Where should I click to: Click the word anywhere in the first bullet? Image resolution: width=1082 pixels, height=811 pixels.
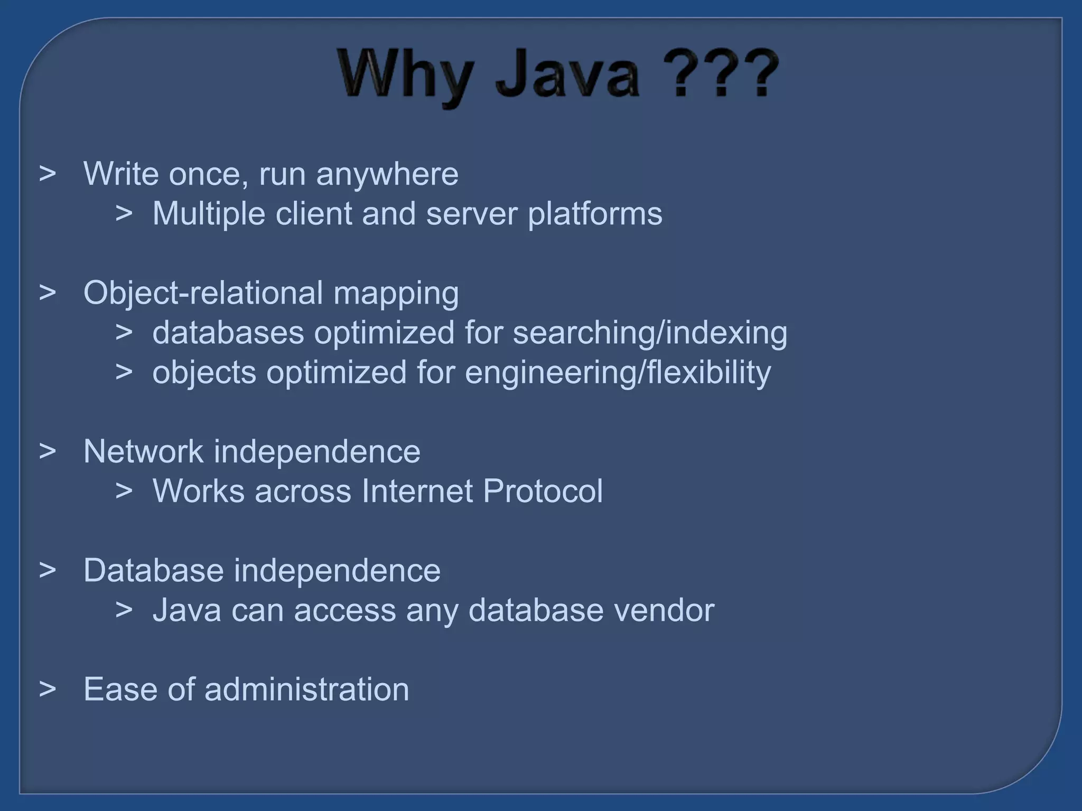[387, 174]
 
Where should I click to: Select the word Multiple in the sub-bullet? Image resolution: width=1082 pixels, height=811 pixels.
[209, 214]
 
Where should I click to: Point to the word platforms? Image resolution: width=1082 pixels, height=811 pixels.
[595, 214]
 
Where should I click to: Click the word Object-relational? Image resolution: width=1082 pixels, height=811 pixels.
[203, 293]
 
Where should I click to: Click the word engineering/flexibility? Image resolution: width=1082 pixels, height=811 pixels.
[618, 373]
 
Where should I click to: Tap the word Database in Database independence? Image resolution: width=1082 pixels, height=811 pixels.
[153, 571]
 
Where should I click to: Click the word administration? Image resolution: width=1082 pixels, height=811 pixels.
[306, 690]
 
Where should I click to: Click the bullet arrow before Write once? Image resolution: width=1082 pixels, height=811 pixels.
[48, 174]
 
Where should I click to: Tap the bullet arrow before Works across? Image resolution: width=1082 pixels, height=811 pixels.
[124, 492]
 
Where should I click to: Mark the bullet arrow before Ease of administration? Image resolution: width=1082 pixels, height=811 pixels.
[48, 690]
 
